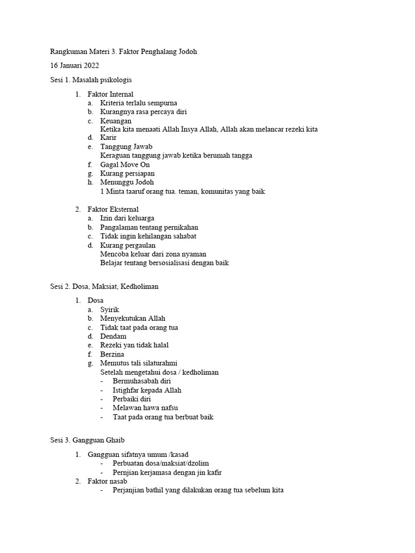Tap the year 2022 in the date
click(89, 66)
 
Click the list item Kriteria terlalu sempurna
click(138, 103)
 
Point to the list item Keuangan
click(116, 120)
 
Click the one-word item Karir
click(108, 138)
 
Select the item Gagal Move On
click(125, 164)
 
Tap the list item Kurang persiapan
click(128, 173)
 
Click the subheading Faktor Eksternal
click(113, 209)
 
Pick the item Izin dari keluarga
click(127, 218)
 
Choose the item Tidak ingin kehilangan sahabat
click(148, 235)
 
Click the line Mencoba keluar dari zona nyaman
click(153, 254)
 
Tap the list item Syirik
click(109, 309)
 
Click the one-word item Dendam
click(113, 336)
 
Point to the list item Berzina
click(112, 354)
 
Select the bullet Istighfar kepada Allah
click(147, 390)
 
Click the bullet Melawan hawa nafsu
click(145, 408)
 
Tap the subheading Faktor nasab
click(107, 481)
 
